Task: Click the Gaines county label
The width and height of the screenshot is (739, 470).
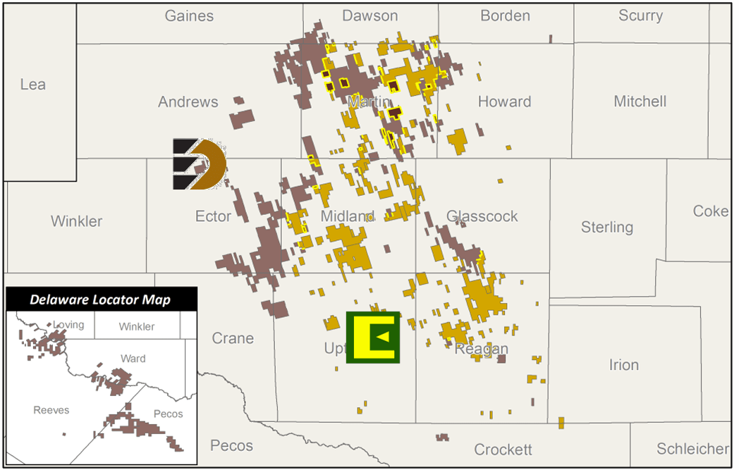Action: click(189, 16)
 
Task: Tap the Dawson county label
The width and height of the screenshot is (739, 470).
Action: click(369, 16)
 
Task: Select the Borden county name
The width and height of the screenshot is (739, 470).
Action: click(505, 16)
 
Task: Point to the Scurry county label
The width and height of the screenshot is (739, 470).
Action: click(640, 16)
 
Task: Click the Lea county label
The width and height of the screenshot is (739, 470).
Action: click(33, 85)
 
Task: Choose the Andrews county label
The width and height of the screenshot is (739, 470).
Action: click(188, 102)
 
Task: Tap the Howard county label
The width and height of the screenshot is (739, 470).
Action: click(504, 101)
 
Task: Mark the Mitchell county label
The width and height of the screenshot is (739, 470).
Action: click(640, 101)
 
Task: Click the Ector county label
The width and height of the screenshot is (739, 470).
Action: click(213, 216)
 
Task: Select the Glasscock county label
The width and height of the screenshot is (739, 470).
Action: click(482, 216)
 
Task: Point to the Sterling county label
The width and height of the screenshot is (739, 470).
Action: click(607, 227)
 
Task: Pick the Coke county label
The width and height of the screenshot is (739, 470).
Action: click(710, 211)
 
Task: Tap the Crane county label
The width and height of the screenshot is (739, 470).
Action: click(233, 338)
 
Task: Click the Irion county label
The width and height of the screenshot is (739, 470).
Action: click(623, 365)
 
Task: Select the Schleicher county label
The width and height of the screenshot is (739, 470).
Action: click(692, 449)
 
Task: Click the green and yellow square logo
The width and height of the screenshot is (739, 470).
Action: click(373, 338)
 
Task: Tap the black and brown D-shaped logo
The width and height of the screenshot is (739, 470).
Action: click(200, 164)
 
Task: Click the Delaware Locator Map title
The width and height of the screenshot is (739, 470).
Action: click(100, 299)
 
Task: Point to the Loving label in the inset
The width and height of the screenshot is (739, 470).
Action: click(68, 325)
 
